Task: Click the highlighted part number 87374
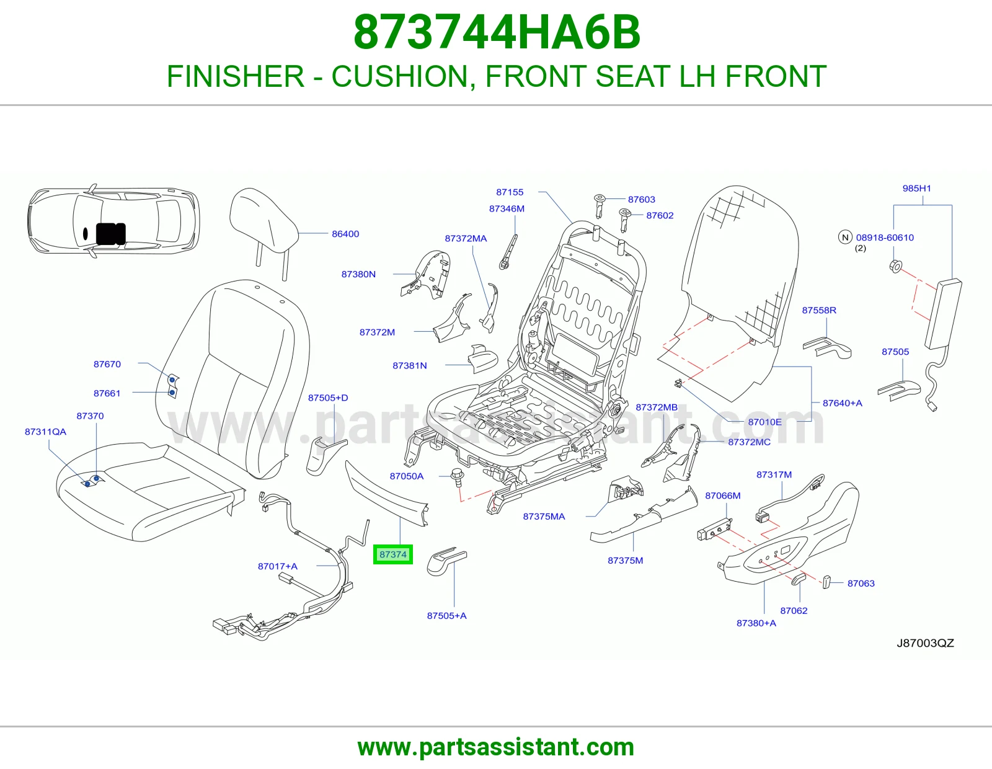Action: pos(392,554)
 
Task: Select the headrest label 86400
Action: pos(345,234)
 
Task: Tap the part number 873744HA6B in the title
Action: pos(497,32)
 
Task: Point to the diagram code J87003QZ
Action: pos(925,643)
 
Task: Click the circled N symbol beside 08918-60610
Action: pos(845,237)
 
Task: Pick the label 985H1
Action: pos(917,188)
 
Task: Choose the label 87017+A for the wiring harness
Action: pos(278,566)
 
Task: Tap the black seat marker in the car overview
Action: pos(110,234)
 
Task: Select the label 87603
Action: pos(642,200)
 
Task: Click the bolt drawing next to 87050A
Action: pos(458,477)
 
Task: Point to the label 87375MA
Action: pos(544,517)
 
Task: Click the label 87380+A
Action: pos(756,623)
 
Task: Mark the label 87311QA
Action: pos(45,432)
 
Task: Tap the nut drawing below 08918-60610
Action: pos(896,266)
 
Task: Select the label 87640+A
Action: pos(842,403)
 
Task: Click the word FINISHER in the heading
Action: pos(235,76)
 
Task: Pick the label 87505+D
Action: pos(328,398)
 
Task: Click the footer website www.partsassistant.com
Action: pos(496,747)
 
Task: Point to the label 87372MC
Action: pos(749,442)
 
